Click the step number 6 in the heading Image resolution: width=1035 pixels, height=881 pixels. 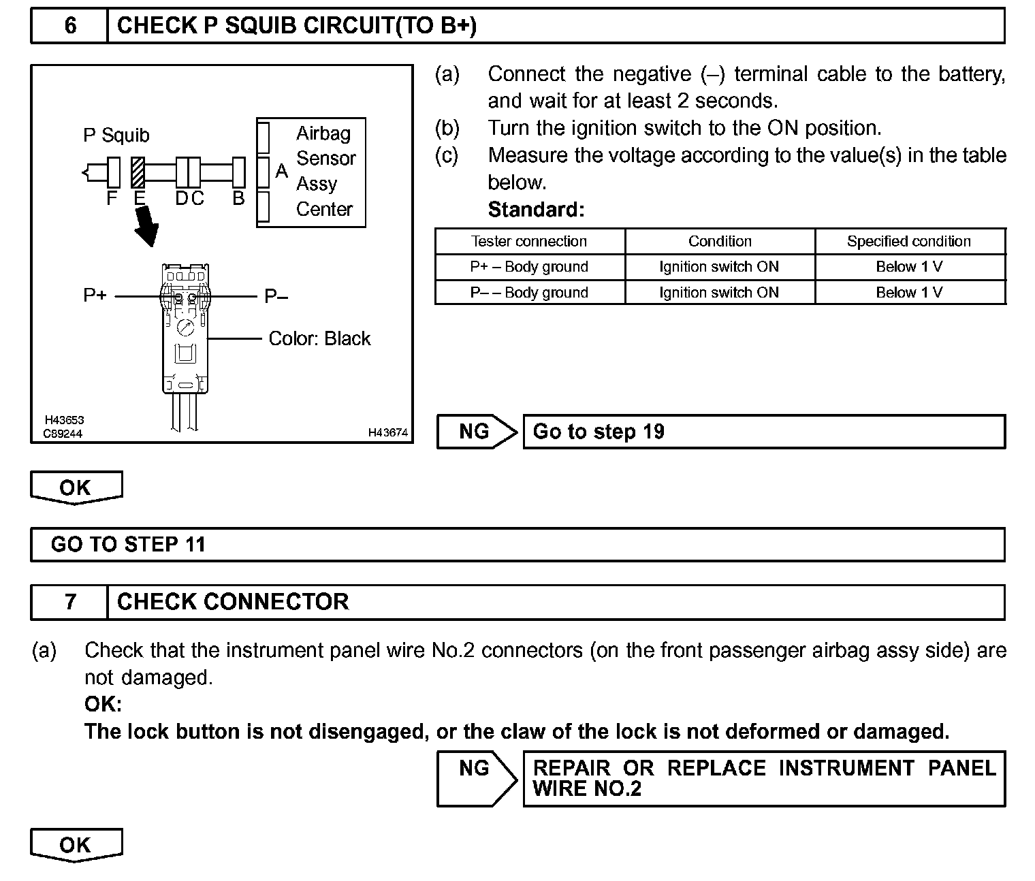(70, 26)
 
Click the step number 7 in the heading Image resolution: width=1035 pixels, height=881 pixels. (70, 602)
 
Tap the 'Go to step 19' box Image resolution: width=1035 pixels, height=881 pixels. (763, 432)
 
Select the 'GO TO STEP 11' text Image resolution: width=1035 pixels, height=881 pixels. (128, 545)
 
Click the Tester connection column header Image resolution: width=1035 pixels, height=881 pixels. (529, 242)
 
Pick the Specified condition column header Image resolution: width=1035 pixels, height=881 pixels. (909, 242)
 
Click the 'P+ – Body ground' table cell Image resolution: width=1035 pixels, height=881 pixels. (529, 267)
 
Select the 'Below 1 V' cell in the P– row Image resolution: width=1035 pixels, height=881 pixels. (909, 293)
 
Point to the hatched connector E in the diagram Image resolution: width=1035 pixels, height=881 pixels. (138, 172)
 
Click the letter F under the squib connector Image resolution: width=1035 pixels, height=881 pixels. (112, 198)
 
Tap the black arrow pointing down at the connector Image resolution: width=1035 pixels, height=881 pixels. (146, 227)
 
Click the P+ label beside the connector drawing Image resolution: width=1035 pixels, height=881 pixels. (95, 296)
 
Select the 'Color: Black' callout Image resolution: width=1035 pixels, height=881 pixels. (319, 338)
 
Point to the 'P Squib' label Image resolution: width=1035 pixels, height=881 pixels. (116, 135)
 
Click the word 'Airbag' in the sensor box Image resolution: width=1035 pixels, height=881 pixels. (323, 133)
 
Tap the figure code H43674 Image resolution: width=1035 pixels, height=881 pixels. (387, 432)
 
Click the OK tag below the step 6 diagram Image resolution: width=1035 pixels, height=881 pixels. (76, 487)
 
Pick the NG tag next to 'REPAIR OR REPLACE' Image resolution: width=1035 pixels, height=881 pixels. (475, 769)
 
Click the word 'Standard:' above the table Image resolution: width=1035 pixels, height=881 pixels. (536, 210)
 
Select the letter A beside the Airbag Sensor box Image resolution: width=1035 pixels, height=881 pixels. (281, 172)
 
